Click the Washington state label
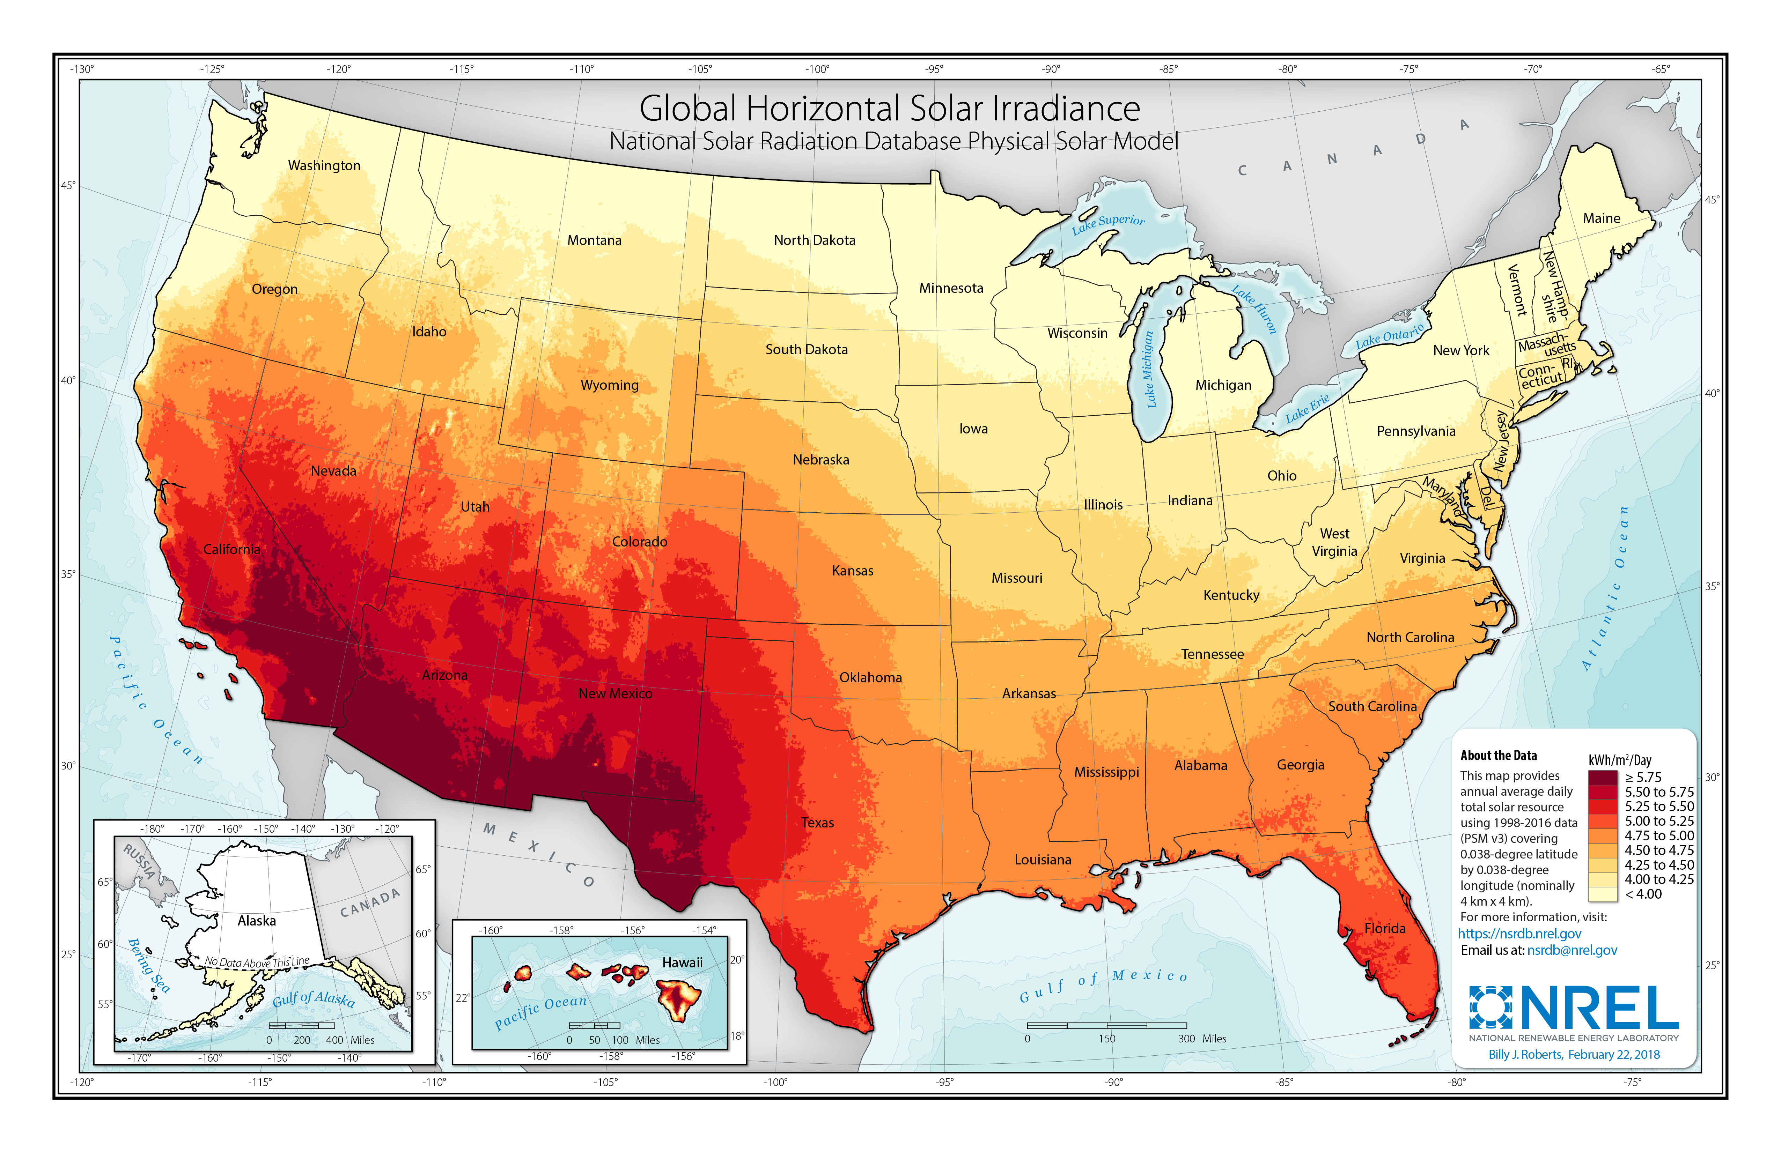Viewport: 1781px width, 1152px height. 324,165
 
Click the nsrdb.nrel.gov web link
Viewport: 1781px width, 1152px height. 1519,934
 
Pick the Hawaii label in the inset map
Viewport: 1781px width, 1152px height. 682,963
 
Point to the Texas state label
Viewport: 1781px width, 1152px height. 817,823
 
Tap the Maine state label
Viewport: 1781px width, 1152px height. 1602,218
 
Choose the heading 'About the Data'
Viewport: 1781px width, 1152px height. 1498,756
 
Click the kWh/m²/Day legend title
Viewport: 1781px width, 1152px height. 1619,760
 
